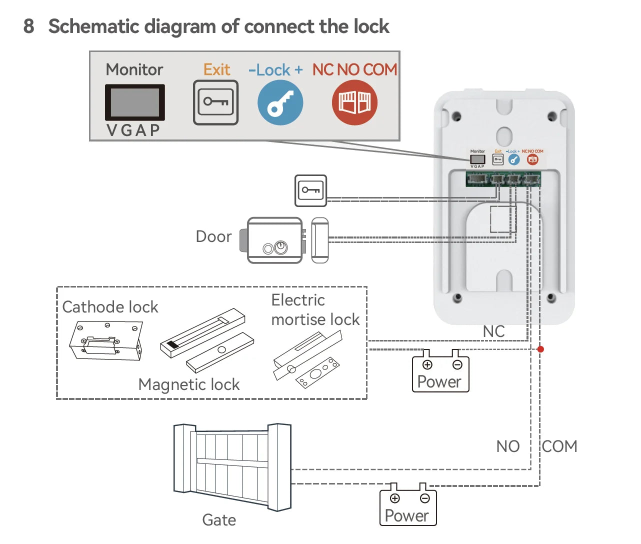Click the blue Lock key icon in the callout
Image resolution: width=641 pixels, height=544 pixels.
coord(280,102)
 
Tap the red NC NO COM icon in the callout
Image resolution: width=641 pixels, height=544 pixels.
coord(354,102)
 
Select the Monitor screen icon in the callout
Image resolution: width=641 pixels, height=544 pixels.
coord(134,102)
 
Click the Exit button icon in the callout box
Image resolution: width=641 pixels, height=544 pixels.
coord(215,102)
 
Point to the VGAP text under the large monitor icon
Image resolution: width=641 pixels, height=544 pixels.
coord(133,130)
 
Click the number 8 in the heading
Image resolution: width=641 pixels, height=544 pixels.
coord(29,26)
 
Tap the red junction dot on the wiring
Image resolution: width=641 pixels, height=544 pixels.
coord(540,349)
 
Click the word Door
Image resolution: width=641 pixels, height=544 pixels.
coord(213,236)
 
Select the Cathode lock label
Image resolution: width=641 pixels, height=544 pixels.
coord(110,306)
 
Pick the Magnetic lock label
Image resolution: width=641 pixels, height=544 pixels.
coord(189,384)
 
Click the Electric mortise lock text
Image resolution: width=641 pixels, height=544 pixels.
coord(315,309)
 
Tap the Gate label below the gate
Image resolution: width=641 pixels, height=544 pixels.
coord(219,520)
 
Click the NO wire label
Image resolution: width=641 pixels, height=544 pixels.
coord(508,446)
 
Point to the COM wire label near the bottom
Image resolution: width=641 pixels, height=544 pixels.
coord(559,446)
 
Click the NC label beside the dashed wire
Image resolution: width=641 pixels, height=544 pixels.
coord(493,331)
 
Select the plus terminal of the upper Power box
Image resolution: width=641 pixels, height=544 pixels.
coord(427,364)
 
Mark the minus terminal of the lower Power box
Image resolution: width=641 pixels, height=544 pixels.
coord(424,498)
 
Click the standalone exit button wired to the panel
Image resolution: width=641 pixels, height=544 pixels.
coord(310,190)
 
